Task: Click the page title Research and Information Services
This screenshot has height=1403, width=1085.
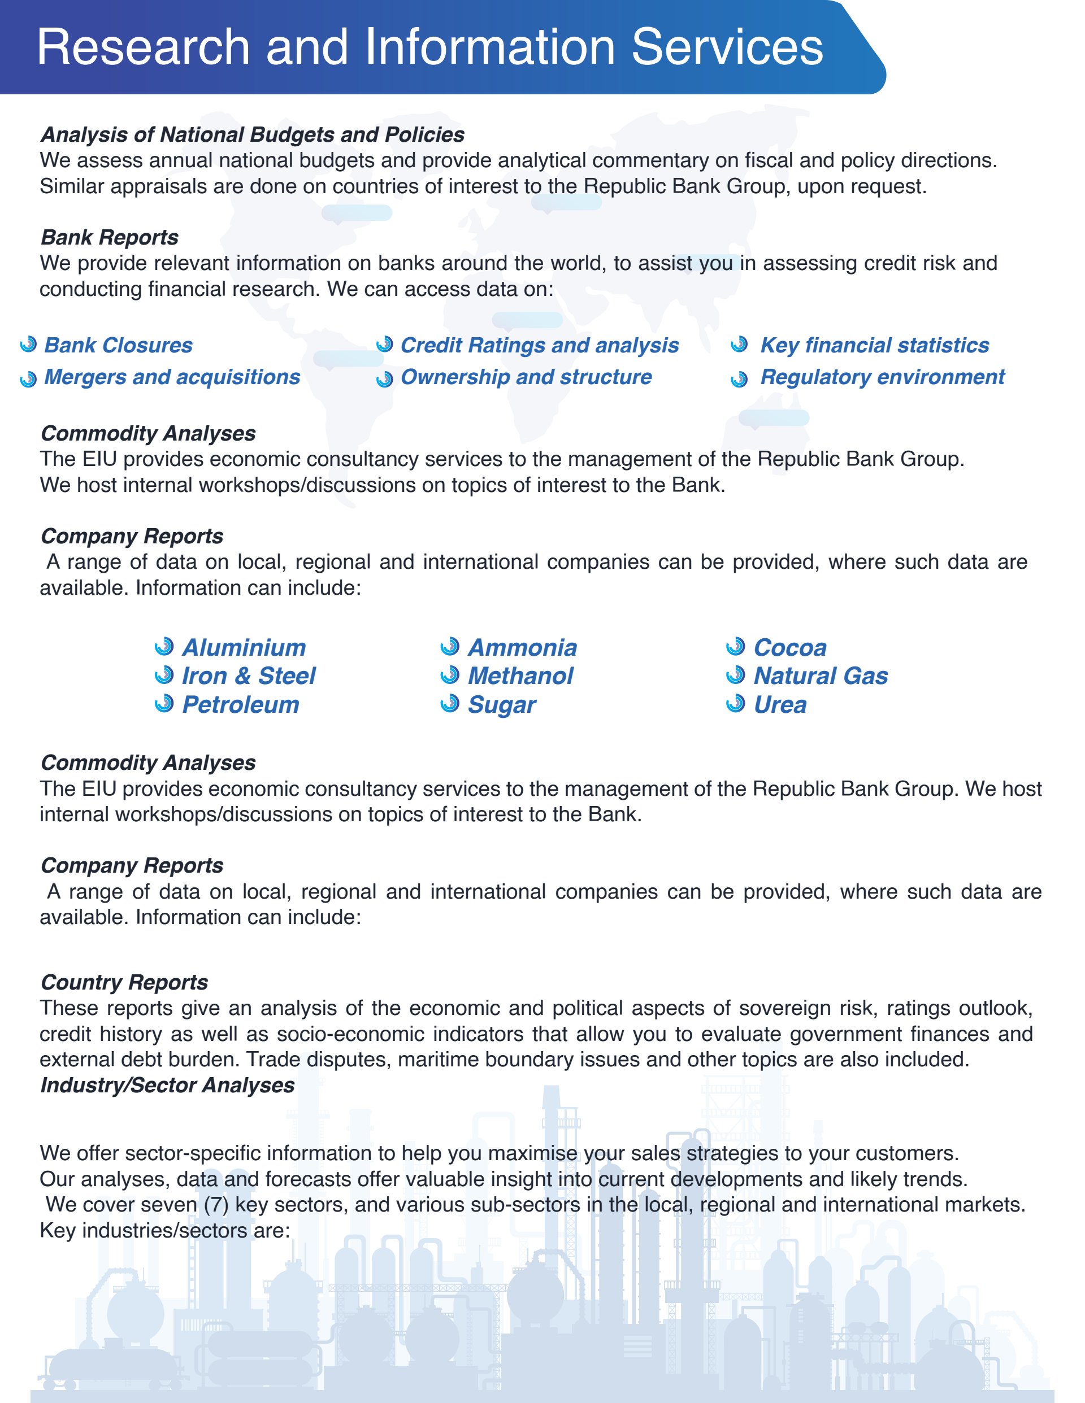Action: coord(429,47)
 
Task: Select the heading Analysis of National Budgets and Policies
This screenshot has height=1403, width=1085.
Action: coord(252,135)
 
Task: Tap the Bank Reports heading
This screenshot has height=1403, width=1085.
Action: coord(109,238)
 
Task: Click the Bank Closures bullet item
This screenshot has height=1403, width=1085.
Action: coord(118,346)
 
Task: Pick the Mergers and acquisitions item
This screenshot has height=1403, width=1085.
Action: coord(172,377)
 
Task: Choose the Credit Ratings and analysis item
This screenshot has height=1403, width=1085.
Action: coord(539,346)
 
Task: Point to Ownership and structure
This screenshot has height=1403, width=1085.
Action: coord(526,377)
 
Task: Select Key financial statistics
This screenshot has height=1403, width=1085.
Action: coord(874,346)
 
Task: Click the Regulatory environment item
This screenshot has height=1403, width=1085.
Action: coord(882,377)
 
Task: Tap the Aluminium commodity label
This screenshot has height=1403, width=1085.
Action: coord(244,647)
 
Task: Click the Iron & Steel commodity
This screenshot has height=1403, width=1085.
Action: coord(248,676)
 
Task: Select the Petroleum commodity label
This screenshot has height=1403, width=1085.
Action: coord(240,705)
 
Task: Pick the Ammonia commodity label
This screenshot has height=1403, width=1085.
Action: coord(522,647)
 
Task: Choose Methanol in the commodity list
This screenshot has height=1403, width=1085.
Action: coord(520,676)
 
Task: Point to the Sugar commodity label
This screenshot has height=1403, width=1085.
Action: coord(501,705)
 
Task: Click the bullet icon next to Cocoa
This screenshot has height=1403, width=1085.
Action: coord(735,646)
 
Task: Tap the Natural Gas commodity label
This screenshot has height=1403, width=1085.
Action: coord(820,676)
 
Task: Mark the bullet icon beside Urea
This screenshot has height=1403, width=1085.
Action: coord(735,704)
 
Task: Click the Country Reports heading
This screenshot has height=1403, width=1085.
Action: coord(124,982)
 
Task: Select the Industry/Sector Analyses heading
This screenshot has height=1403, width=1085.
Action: coord(167,1085)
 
